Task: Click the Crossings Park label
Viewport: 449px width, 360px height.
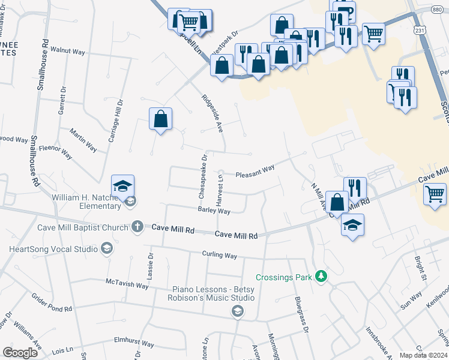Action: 284,277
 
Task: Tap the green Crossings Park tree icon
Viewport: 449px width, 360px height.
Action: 322,276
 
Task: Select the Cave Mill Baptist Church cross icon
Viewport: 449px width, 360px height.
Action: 137,227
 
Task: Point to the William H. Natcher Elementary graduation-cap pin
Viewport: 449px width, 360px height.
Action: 122,186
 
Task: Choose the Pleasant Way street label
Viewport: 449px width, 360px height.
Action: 255,171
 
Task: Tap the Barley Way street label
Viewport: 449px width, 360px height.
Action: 214,211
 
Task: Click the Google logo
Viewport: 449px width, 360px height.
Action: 20,353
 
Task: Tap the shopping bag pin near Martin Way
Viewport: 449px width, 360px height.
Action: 161,119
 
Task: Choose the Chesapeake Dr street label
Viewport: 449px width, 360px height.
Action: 203,177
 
